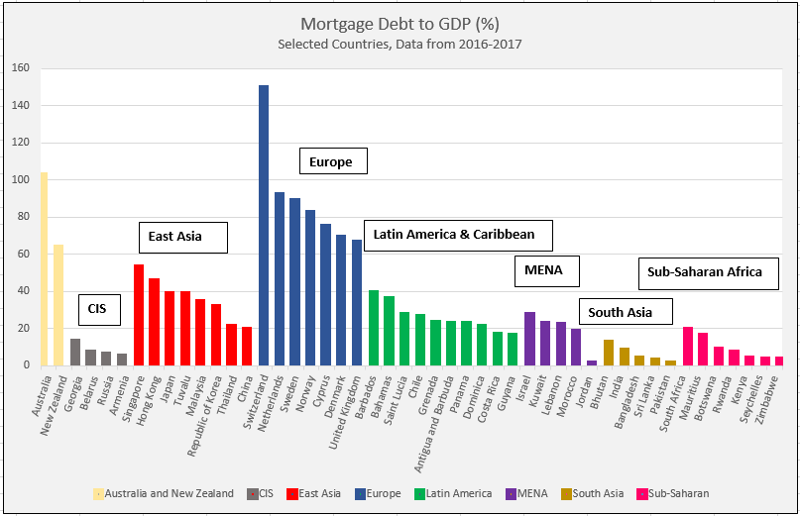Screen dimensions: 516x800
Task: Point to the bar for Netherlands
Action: point(280,278)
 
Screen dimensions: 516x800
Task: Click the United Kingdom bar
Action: point(357,302)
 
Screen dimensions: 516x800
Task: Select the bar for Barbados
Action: point(373,328)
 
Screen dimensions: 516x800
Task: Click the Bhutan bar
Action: point(608,353)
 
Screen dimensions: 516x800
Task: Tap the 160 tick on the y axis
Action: point(21,68)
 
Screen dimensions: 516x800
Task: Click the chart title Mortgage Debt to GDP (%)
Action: point(400,24)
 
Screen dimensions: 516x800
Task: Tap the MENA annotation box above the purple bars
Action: point(545,269)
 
